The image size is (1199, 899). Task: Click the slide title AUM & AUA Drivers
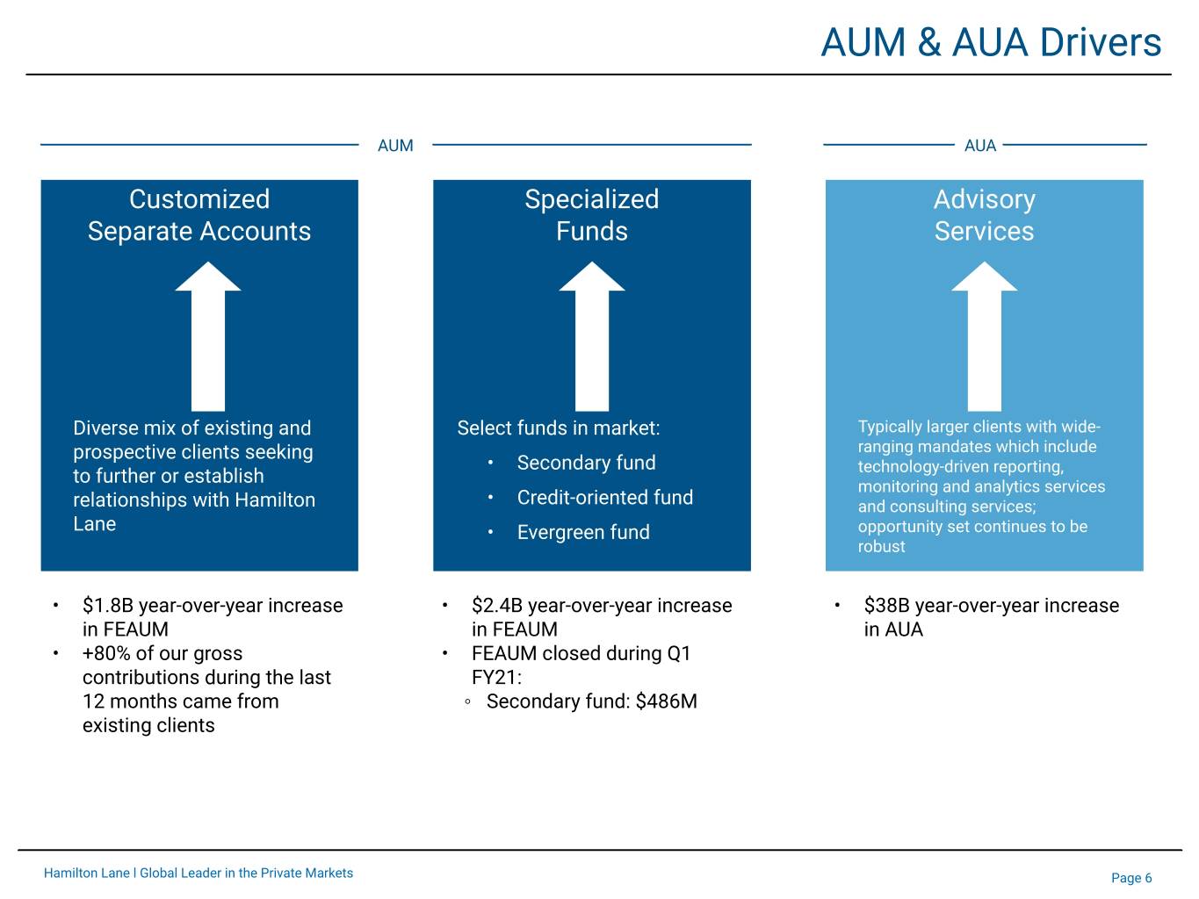(x=991, y=42)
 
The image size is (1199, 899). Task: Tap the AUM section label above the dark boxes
(x=395, y=146)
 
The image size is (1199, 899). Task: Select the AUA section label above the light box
(x=980, y=146)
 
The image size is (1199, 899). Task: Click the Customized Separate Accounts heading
(x=199, y=215)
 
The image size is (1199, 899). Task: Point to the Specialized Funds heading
(x=591, y=215)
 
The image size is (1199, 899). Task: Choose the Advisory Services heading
(x=984, y=215)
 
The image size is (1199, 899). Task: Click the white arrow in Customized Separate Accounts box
(x=207, y=336)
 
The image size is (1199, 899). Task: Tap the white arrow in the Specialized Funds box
(x=591, y=336)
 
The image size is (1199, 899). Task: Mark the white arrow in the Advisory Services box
(x=985, y=336)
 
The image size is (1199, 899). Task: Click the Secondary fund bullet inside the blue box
(x=586, y=463)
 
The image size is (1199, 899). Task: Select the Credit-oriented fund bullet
(x=604, y=497)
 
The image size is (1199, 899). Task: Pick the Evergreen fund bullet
(x=583, y=532)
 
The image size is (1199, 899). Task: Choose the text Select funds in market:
(x=559, y=428)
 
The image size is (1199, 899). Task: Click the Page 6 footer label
(x=1131, y=878)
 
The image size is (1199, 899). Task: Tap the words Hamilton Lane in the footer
(x=86, y=873)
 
